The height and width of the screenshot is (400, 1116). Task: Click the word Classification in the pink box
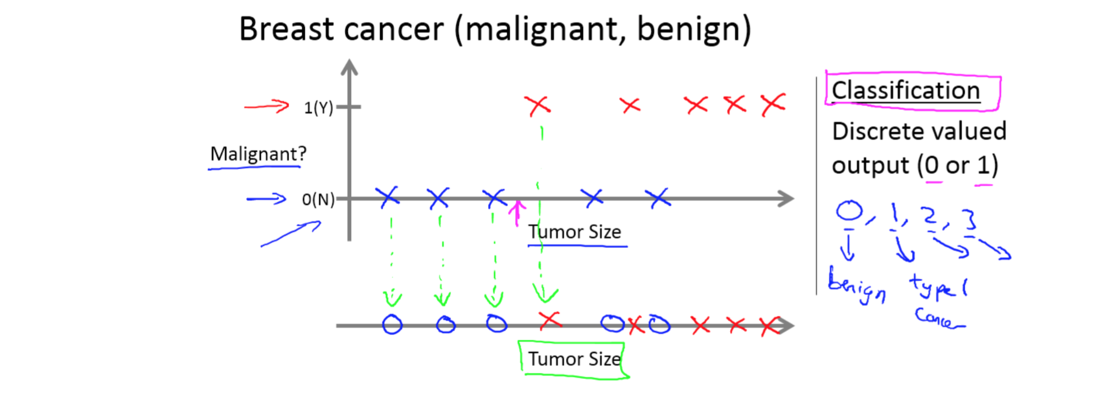click(905, 91)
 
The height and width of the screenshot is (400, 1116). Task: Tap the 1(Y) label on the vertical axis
click(318, 107)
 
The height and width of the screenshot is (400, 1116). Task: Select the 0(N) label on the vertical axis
click(317, 199)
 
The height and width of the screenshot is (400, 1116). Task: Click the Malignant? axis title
click(258, 153)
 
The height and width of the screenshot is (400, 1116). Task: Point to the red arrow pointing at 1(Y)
click(266, 106)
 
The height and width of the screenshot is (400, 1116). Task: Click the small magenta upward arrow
click(517, 211)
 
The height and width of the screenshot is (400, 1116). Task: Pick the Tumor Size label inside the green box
click(573, 359)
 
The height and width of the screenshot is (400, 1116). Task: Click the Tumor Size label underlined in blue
click(574, 232)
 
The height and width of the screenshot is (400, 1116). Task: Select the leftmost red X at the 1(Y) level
click(537, 105)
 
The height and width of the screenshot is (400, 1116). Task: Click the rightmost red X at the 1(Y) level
click(773, 105)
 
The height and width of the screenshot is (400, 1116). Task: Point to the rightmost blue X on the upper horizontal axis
click(658, 198)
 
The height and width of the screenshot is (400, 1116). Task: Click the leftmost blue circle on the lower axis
click(392, 325)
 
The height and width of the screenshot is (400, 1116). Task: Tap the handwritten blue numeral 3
click(970, 219)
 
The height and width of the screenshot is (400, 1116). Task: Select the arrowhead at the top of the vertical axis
click(349, 67)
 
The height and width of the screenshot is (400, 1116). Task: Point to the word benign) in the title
click(694, 30)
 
